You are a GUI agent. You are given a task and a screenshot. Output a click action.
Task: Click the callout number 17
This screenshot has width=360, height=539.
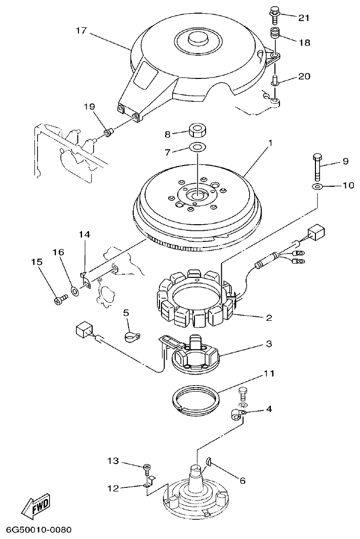click(x=81, y=30)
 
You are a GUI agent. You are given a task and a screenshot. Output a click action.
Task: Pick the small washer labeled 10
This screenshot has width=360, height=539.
click(x=317, y=187)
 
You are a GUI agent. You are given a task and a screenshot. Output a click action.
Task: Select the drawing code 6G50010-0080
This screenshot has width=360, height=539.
click(x=38, y=530)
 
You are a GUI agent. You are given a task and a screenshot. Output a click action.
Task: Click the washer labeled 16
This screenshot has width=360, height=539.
click(x=74, y=291)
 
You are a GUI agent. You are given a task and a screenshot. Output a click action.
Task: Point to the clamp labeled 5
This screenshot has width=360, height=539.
click(x=132, y=336)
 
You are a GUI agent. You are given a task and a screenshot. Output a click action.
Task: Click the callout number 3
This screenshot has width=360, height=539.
click(x=269, y=344)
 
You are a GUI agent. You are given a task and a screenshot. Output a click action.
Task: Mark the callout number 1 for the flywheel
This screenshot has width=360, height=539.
click(x=270, y=143)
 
